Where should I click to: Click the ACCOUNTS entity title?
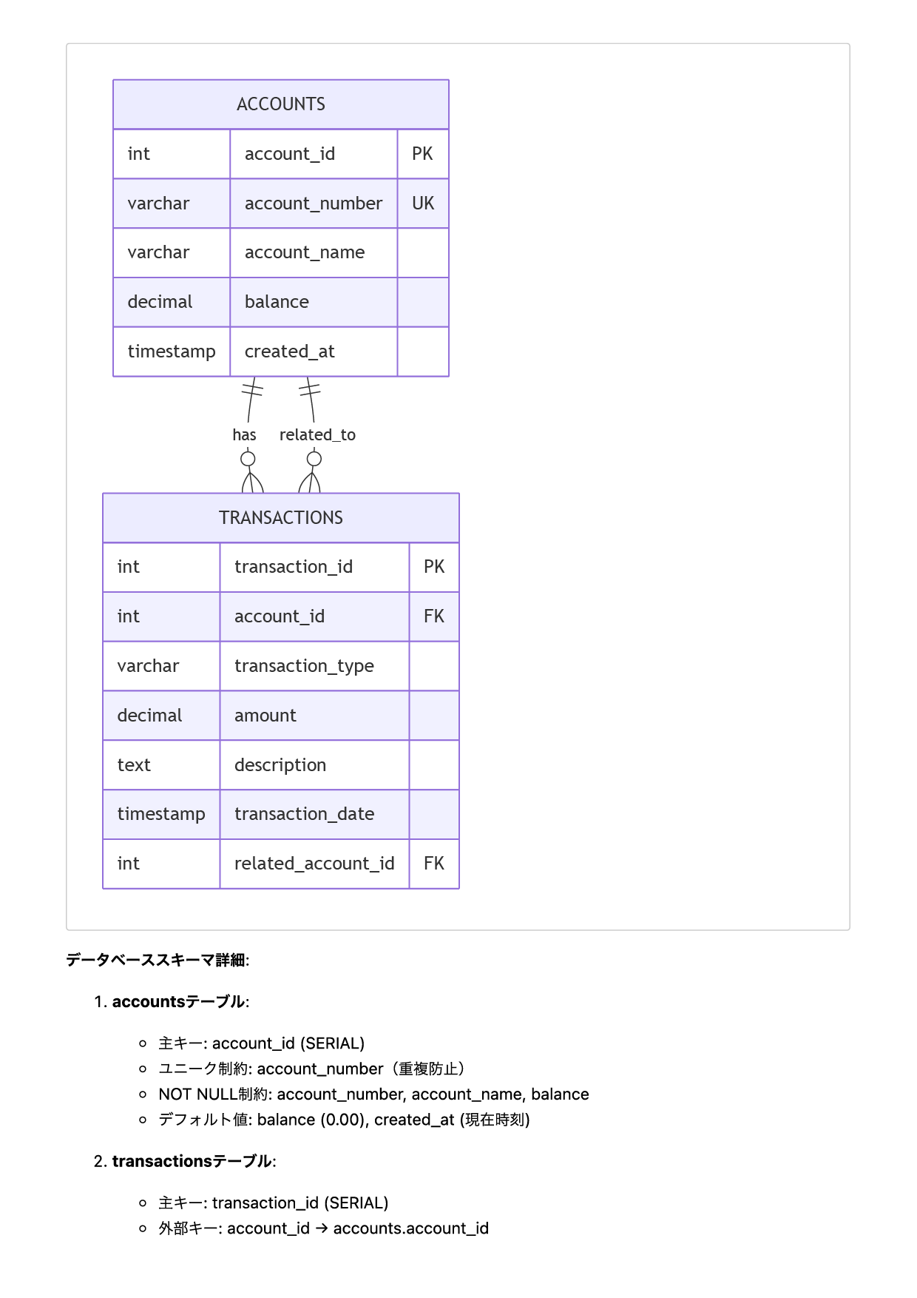280,104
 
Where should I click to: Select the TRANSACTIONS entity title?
280,518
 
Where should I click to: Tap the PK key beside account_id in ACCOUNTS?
422,154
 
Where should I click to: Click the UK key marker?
423,204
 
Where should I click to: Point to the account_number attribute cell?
314,204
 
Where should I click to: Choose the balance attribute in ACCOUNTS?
277,302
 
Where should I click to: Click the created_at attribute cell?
289,352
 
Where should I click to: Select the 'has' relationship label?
244,435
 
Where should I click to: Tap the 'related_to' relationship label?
317,435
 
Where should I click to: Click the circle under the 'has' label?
248,459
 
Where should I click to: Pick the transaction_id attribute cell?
294,567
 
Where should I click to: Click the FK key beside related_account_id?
434,864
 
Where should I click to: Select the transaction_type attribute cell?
304,666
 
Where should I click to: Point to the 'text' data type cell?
134,765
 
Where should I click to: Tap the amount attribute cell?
265,716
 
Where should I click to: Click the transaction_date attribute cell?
304,814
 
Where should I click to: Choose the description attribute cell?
280,765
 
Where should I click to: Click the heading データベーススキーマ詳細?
157,961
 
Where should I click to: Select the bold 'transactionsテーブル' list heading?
192,1162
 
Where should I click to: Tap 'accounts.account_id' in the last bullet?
410,1228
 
